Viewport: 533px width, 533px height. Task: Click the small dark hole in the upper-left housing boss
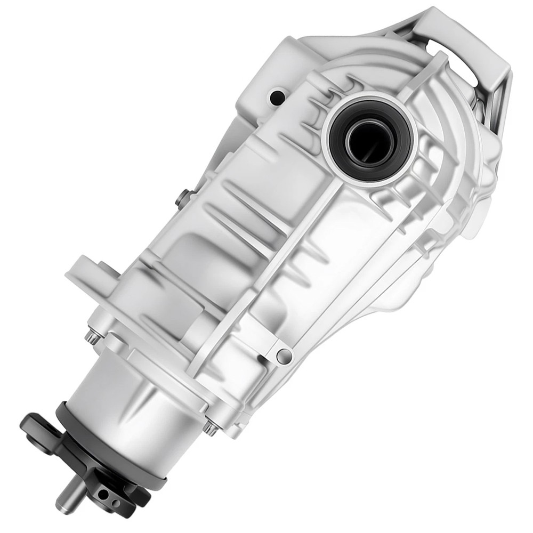point(277,98)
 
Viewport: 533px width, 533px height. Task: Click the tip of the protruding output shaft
point(63,502)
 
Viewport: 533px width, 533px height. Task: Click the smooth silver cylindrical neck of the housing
point(133,400)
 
